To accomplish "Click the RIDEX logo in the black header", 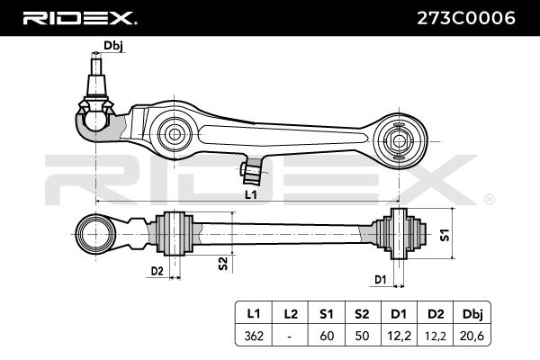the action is pyautogui.click(x=79, y=18).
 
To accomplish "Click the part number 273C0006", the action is pyautogui.click(x=466, y=18).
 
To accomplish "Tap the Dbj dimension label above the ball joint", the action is pyautogui.click(x=113, y=46).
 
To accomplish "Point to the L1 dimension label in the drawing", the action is pyautogui.click(x=251, y=195).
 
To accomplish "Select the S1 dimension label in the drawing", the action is pyautogui.click(x=445, y=235).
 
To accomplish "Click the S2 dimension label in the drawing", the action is pyautogui.click(x=223, y=263).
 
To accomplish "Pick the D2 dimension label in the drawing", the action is pyautogui.click(x=157, y=272).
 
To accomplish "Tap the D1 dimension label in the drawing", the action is pyautogui.click(x=380, y=280).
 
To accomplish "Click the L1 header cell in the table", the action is pyautogui.click(x=254, y=314).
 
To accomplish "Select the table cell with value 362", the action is pyautogui.click(x=254, y=335).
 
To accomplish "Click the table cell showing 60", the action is pyautogui.click(x=327, y=335).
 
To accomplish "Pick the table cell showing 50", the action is pyautogui.click(x=363, y=335).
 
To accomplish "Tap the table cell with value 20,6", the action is pyautogui.click(x=472, y=335).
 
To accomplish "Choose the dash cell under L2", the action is pyautogui.click(x=291, y=335).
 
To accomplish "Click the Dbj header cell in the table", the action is pyautogui.click(x=472, y=314).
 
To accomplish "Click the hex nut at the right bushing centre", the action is pyautogui.click(x=399, y=141).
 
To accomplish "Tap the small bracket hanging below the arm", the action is pyautogui.click(x=252, y=171).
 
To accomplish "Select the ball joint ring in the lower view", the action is pyautogui.click(x=95, y=234).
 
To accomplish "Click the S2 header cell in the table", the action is pyautogui.click(x=363, y=314).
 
